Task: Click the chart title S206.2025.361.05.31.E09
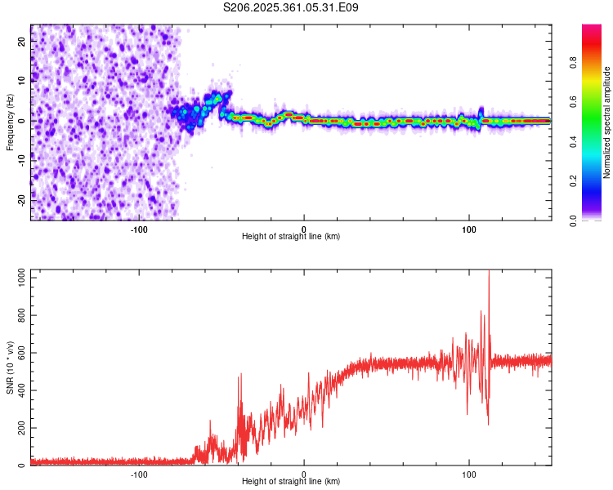pos(291,8)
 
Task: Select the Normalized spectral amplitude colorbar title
pos(606,122)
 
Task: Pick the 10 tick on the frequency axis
pos(23,81)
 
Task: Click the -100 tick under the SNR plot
pos(139,474)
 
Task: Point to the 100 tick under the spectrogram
pos(469,229)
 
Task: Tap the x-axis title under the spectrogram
pos(291,237)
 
